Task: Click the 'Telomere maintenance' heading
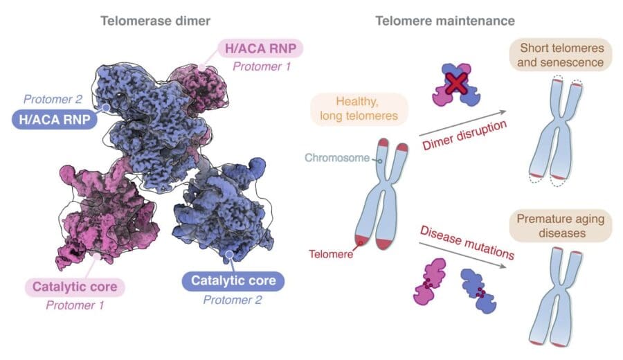pos(445,21)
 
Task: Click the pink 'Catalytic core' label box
pos(74,285)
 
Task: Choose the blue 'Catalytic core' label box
pos(233,280)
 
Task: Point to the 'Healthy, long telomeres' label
pos(360,109)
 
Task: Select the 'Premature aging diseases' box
pos(562,226)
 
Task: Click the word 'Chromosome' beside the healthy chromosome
pos(338,159)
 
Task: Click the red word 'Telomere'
pos(331,254)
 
